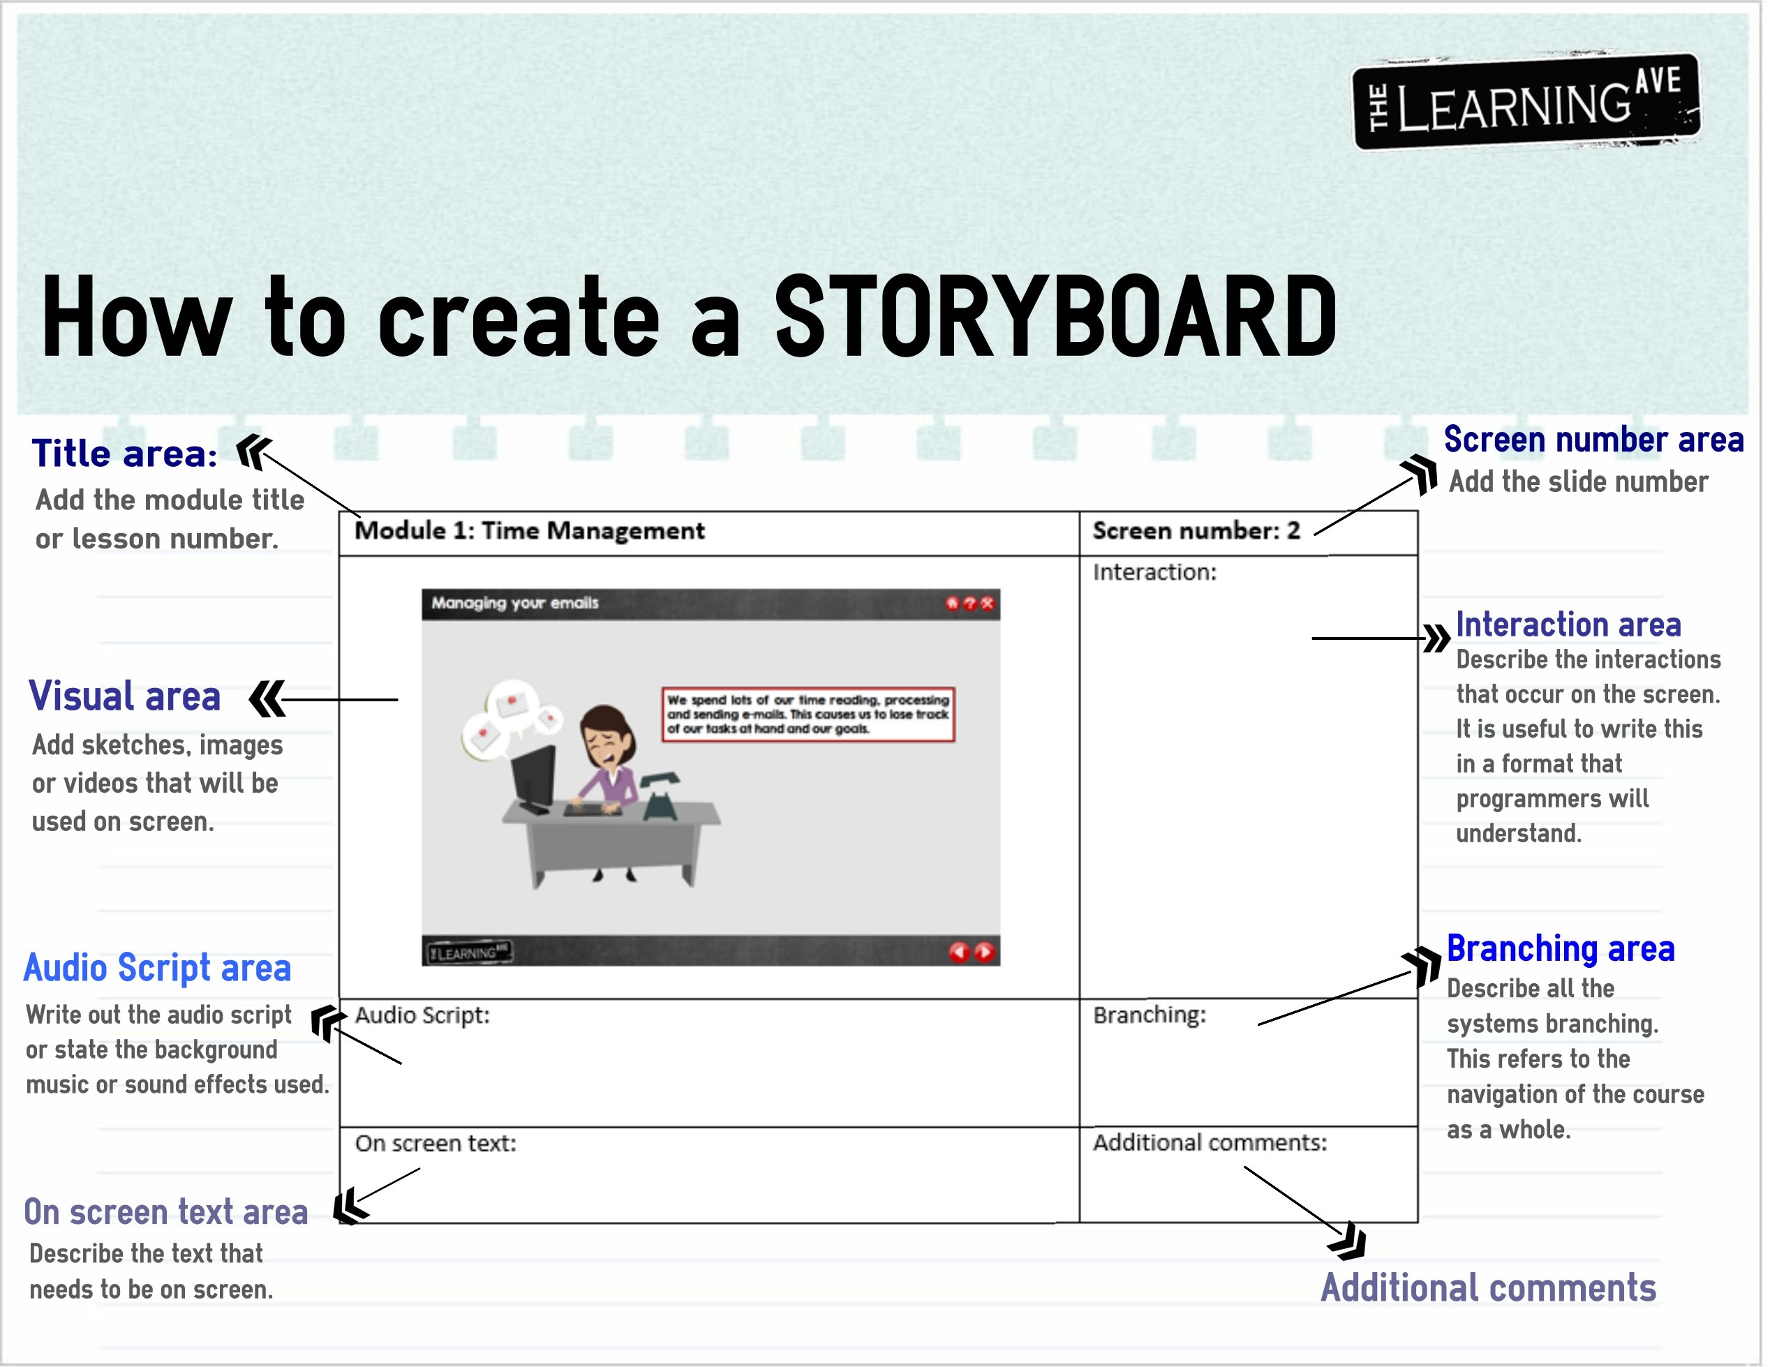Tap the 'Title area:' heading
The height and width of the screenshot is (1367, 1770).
click(124, 453)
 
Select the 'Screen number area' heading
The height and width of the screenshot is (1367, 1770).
click(1593, 439)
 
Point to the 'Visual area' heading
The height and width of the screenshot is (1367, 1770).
click(125, 696)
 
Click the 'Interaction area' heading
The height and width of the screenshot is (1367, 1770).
click(1568, 624)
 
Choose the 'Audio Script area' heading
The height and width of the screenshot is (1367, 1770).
click(157, 968)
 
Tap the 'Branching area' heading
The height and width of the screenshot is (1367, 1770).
click(1561, 948)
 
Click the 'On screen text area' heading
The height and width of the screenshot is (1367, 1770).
click(166, 1212)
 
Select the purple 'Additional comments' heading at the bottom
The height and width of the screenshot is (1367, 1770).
click(1489, 1287)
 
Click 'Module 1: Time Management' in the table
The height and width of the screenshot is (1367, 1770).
click(530, 531)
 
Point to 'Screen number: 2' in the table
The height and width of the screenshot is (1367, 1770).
click(1196, 531)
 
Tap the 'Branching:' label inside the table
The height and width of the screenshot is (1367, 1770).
click(1150, 1015)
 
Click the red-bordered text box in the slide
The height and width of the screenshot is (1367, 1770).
click(809, 714)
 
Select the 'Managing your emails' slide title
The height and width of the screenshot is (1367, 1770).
click(514, 603)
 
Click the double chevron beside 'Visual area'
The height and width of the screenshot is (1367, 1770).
click(267, 699)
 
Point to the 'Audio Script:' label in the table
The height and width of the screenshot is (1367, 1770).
click(422, 1015)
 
